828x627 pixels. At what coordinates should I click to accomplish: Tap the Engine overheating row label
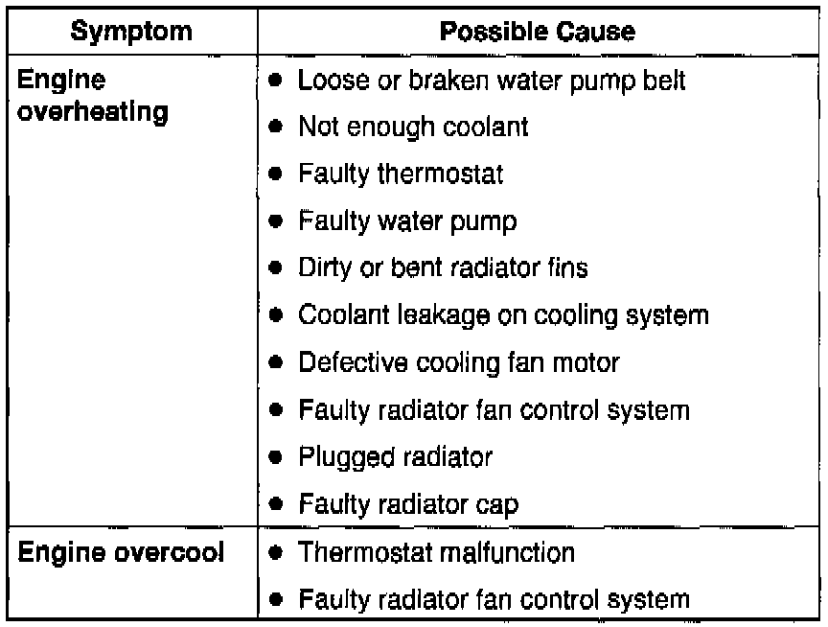93,97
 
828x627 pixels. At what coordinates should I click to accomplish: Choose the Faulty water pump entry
407,221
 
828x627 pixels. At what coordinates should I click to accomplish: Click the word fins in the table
568,268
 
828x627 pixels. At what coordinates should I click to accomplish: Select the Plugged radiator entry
395,457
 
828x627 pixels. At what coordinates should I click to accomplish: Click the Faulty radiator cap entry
409,505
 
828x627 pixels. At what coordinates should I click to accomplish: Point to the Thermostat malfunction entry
436,552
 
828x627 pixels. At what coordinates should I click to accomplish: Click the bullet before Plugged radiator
275,458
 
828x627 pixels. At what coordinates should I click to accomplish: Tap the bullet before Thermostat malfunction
275,553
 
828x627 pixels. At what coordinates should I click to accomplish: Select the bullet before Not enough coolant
275,128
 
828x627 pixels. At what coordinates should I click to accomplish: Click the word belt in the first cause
664,81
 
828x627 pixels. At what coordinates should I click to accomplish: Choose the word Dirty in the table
321,268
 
